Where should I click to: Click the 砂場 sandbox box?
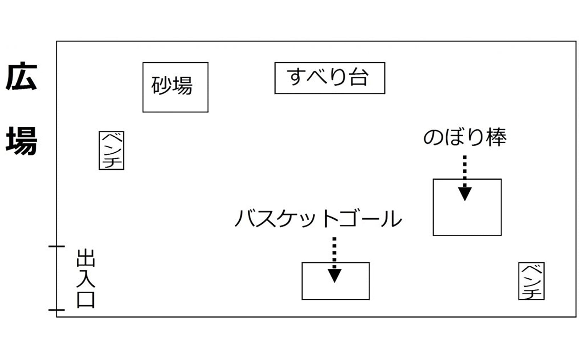coord(175,87)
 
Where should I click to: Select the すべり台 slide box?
coord(329,78)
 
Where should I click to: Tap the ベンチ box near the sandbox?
coord(111,151)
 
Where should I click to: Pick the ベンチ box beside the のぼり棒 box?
coord(531,281)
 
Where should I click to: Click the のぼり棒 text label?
coord(465,138)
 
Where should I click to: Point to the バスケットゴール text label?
coord(318,218)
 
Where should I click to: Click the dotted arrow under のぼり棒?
coord(465,178)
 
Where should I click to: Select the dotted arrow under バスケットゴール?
coord(334,260)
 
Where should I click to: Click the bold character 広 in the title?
coord(21,77)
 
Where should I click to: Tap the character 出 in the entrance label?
coord(86,258)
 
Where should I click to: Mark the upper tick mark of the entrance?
coord(57,246)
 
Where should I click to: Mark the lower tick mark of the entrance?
coord(57,310)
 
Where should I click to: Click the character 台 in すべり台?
coord(359,77)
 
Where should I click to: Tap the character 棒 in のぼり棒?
coord(496,138)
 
